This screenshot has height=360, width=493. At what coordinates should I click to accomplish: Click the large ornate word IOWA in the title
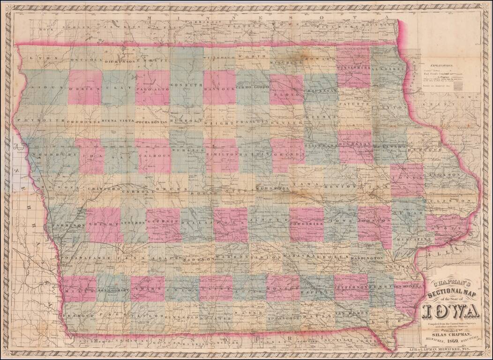(x=450, y=311)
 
